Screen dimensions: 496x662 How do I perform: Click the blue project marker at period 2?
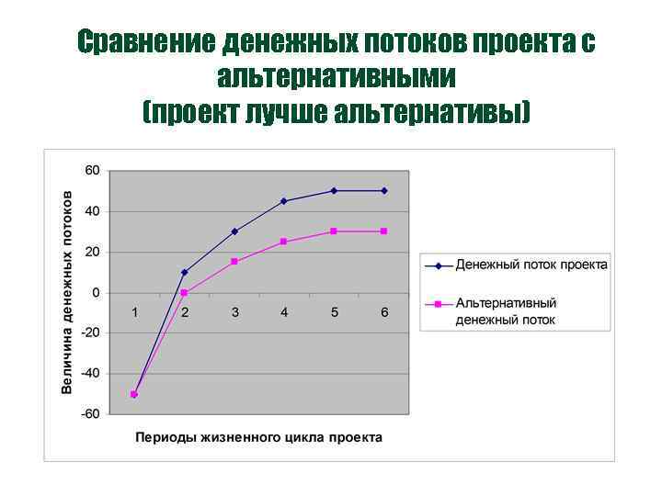184,273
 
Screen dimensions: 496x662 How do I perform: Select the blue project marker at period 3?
234,231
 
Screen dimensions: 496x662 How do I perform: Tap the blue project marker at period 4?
284,201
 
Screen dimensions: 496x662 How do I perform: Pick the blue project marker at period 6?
384,191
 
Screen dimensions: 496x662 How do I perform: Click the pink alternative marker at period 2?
184,293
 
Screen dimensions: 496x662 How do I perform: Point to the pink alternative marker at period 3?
234,262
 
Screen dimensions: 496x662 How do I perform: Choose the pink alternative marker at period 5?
334,231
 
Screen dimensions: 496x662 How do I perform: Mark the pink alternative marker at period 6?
384,231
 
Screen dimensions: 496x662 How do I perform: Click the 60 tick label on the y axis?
92,171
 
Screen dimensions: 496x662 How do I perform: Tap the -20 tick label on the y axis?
90,333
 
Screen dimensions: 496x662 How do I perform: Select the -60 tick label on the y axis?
90,414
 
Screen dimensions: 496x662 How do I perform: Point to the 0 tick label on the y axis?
96,293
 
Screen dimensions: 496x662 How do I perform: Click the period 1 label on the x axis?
134,312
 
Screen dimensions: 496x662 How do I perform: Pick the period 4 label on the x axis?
284,312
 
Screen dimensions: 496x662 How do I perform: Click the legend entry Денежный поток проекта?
531,265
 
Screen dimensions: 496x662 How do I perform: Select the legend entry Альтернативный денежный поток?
506,311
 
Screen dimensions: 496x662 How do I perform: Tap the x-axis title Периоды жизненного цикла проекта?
258,437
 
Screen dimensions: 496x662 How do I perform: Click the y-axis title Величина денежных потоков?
68,292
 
